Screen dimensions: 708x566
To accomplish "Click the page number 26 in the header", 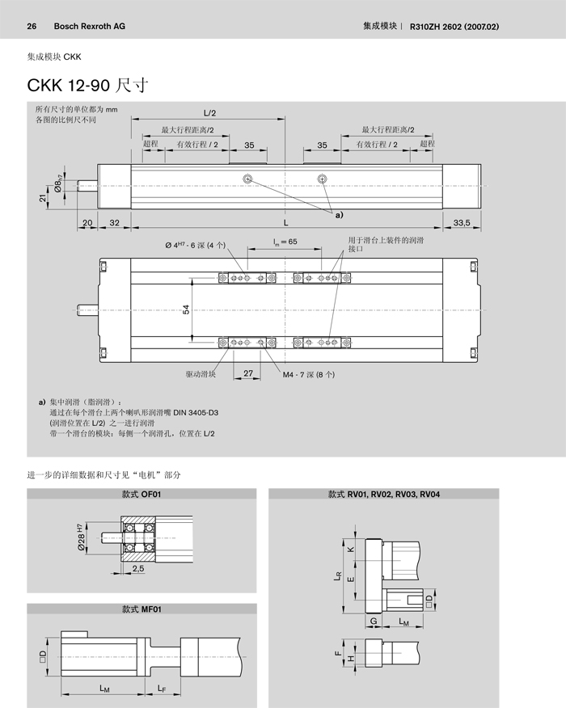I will pos(32,26).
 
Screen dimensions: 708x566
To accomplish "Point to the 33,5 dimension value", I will pos(462,222).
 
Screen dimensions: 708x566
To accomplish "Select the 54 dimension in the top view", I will pos(187,310).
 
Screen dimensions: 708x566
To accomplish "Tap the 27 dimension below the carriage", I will pos(248,374).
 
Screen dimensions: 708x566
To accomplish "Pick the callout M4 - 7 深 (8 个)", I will pos(308,375).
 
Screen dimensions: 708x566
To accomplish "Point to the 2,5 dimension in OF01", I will pos(137,570).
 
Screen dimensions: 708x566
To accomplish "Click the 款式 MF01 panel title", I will pos(141,609).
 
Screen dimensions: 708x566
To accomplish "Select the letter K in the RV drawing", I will pos(350,550).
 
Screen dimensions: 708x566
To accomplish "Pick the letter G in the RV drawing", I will pos(374,621).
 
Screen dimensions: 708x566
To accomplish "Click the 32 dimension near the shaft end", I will pos(115,222).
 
